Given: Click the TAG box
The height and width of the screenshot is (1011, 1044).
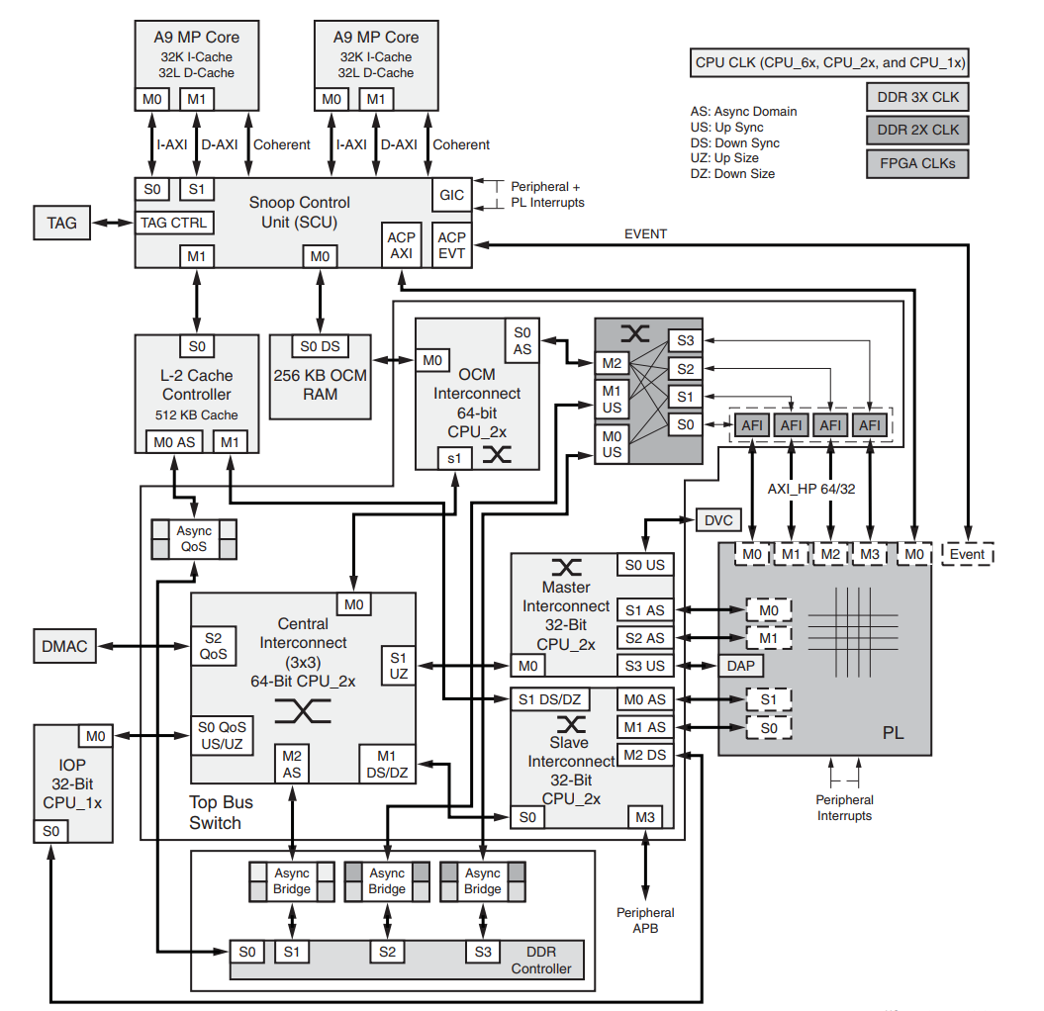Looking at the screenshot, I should (61, 224).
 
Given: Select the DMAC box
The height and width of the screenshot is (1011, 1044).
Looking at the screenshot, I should (64, 647).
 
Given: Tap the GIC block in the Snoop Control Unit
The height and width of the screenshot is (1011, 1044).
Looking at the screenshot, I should (451, 195).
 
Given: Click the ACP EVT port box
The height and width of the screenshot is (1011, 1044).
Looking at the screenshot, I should (451, 245).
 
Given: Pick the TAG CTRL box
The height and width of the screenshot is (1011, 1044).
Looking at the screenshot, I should (174, 224).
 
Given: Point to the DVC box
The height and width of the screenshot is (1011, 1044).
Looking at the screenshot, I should (719, 520).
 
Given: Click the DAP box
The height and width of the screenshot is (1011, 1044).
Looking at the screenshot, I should (740, 666).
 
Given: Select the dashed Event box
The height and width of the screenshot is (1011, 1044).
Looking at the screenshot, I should (967, 554).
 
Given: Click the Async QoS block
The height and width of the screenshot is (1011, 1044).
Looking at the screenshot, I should (194, 539).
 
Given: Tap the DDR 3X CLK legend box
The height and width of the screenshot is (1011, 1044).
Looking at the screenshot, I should (917, 98).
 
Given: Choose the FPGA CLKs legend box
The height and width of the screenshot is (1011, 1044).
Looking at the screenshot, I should (917, 163).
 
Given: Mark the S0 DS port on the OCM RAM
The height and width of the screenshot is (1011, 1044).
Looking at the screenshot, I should (320, 347).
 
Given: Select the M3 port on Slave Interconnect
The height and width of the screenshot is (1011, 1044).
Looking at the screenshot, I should (645, 817).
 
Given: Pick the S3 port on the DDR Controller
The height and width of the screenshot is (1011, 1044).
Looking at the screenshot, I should (482, 953).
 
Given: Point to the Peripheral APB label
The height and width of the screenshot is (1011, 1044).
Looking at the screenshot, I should (645, 920).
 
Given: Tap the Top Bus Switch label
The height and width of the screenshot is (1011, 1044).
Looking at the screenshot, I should (216, 812).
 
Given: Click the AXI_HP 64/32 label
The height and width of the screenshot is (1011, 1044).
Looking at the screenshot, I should (810, 489).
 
